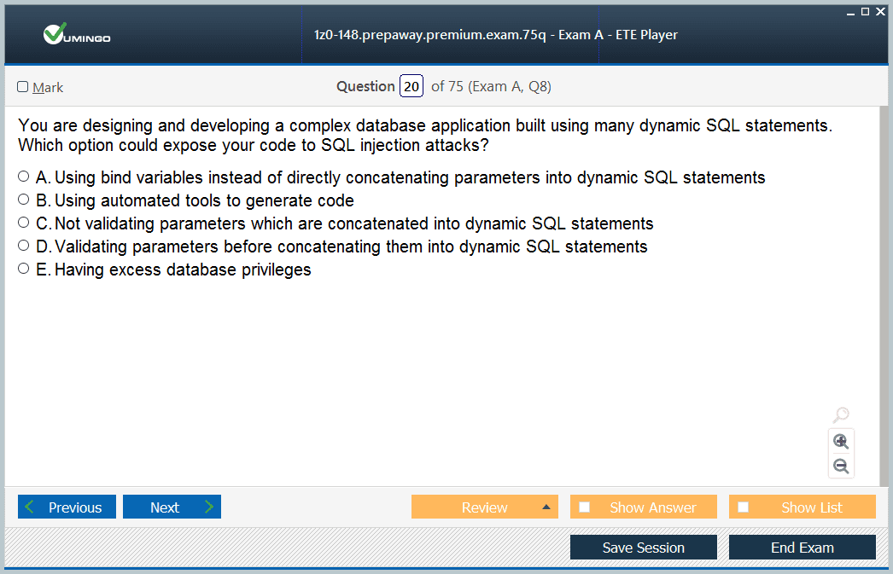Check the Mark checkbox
(23, 86)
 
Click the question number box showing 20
(411, 86)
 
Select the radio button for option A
(23, 177)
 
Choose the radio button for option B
(23, 199)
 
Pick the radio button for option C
(23, 223)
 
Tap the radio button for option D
(23, 245)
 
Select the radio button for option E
(23, 269)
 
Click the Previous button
(67, 507)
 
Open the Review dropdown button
(485, 507)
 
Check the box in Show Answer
(584, 507)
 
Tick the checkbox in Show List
(744, 507)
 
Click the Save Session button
(644, 548)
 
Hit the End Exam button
(803, 548)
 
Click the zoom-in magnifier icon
(841, 442)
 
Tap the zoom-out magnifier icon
(841, 467)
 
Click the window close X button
(880, 11)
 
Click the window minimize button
(851, 14)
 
